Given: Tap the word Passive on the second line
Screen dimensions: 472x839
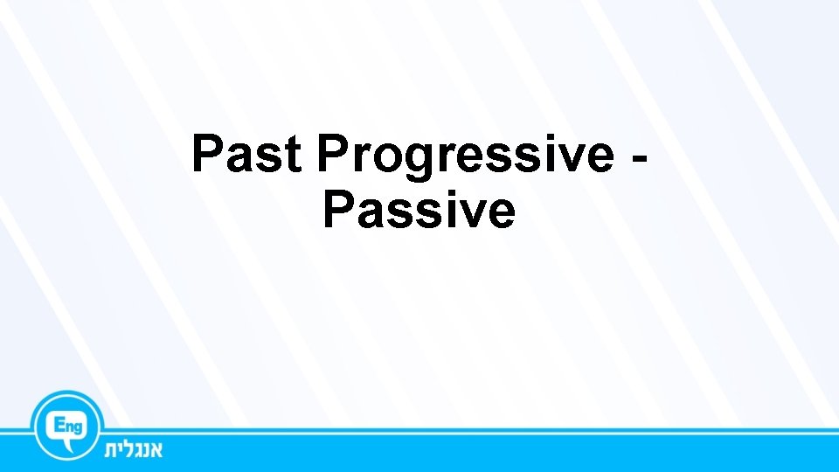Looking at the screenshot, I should tap(419, 210).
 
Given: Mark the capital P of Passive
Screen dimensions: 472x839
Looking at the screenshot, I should tap(338, 210).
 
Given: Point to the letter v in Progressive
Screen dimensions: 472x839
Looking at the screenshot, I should tap(566, 157).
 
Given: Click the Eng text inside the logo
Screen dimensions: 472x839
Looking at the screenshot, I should tap(67, 424).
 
